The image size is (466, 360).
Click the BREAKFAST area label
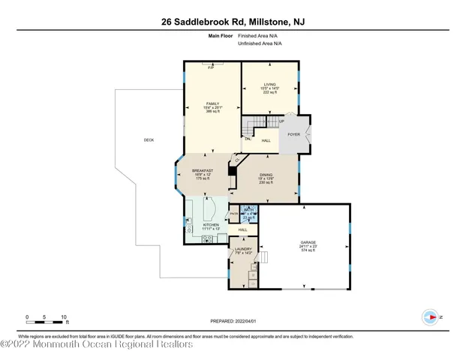pyautogui.click(x=203, y=171)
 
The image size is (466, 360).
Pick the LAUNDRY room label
pyautogui.click(x=243, y=249)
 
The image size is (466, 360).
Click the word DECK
pyautogui.click(x=149, y=140)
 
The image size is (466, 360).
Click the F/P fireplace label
pyautogui.click(x=211, y=69)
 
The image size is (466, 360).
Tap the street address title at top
pyautogui.click(x=233, y=22)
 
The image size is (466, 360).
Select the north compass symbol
pyautogui.click(x=431, y=318)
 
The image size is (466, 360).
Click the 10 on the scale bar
pyautogui.click(x=65, y=317)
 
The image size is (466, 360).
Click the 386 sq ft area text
pyautogui.click(x=212, y=111)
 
